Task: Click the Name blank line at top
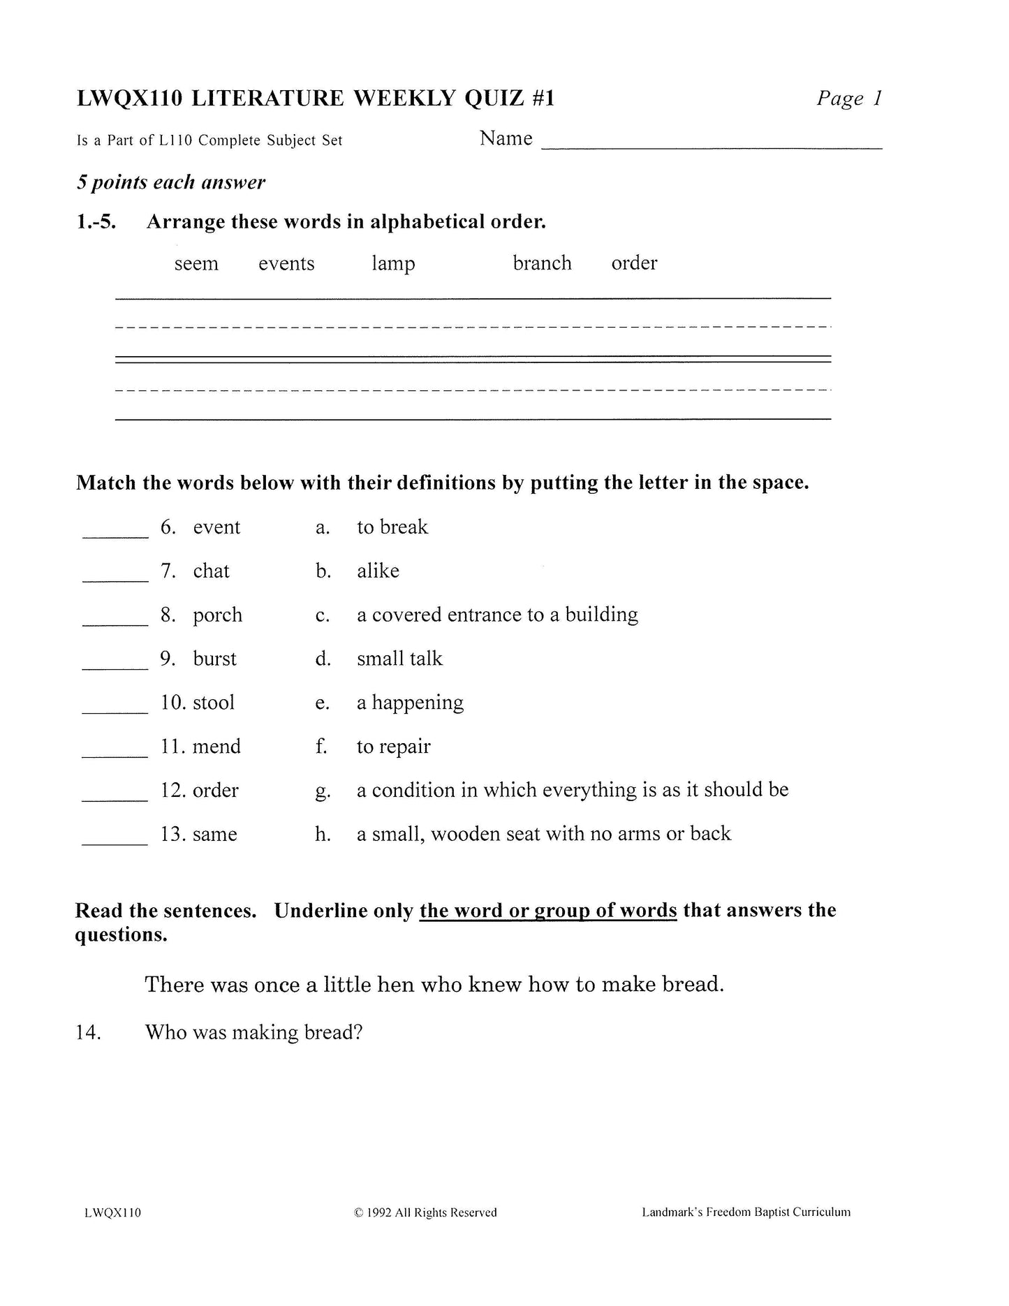coord(712,146)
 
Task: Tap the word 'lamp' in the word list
coord(393,264)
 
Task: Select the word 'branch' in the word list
coord(542,263)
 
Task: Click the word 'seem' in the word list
coord(196,264)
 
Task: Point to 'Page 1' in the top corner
coord(849,98)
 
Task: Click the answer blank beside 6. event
coord(115,534)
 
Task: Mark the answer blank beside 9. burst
coord(115,666)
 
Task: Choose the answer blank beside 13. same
coord(115,842)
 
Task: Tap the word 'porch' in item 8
coord(218,615)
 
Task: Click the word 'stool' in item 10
coord(214,703)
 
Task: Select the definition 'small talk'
coord(399,659)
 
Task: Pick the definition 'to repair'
coord(393,747)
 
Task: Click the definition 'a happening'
coord(410,703)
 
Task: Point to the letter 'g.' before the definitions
coord(322,791)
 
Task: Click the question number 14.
coord(88,1032)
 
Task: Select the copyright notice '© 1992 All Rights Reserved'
coord(426,1212)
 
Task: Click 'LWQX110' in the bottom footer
coord(112,1212)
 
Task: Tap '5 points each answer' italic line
coord(171,183)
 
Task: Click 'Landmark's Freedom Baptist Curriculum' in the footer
coord(746,1212)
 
